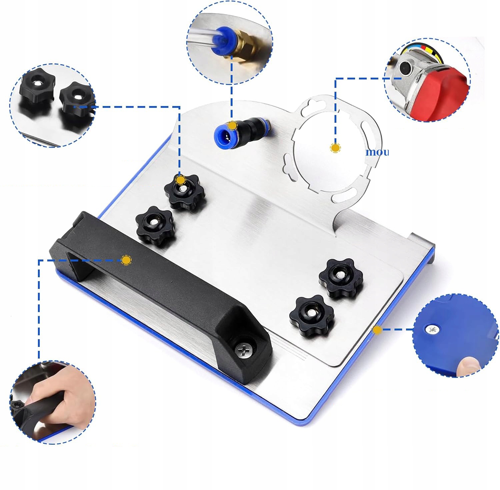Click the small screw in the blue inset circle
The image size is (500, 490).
(433, 330)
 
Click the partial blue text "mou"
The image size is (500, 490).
(377, 153)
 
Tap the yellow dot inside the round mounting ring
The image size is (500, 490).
(335, 148)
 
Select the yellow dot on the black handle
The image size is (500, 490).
(126, 260)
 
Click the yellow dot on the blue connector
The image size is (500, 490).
(232, 126)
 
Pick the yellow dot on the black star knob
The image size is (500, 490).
(180, 180)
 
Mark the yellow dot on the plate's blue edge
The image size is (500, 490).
(377, 330)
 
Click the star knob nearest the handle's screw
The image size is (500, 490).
(312, 316)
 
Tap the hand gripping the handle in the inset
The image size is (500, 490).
(60, 396)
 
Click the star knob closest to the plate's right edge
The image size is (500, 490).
(341, 278)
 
